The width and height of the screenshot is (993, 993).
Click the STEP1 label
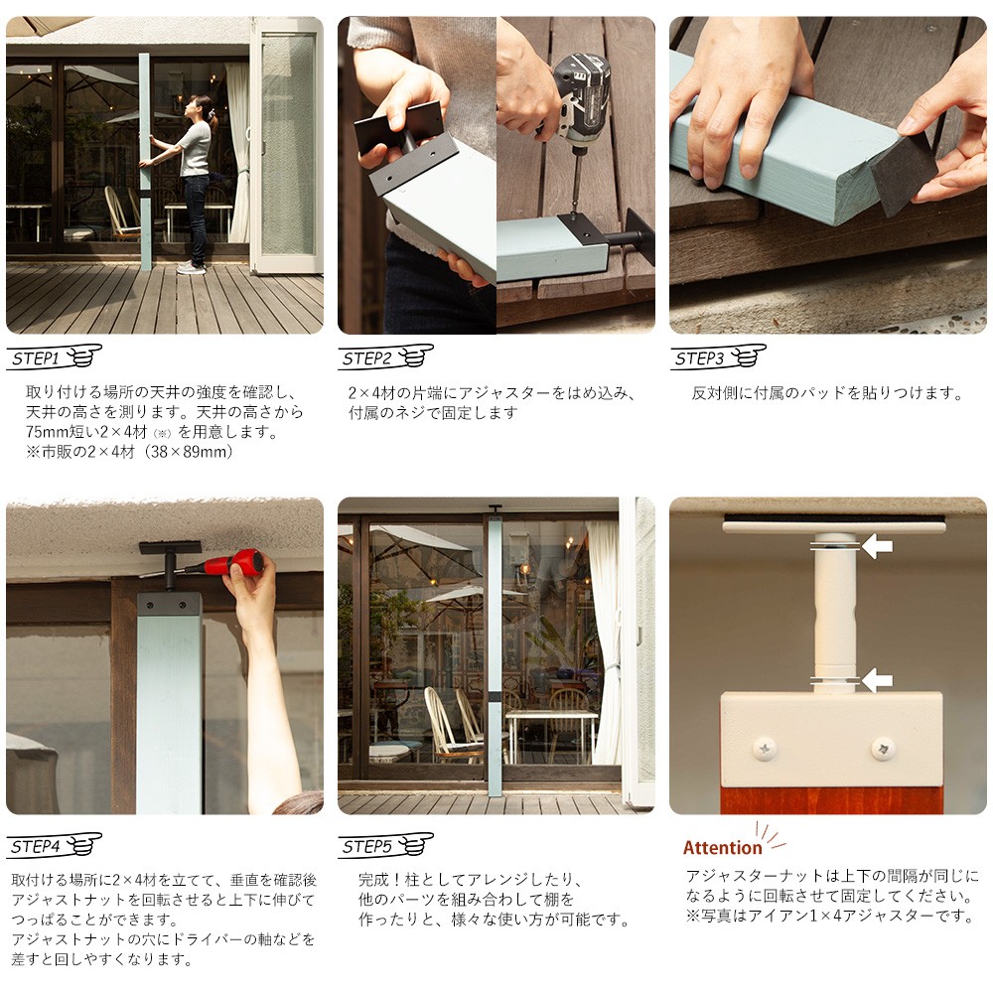(x=36, y=358)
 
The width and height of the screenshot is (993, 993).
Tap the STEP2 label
(x=367, y=358)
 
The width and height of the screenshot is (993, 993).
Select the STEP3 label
(x=699, y=358)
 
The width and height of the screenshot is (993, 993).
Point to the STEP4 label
(x=36, y=847)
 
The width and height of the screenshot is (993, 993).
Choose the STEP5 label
(x=367, y=847)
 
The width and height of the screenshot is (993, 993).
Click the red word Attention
(x=723, y=848)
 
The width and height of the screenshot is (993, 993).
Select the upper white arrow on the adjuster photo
(x=877, y=546)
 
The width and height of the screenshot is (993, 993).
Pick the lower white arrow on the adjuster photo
(x=877, y=681)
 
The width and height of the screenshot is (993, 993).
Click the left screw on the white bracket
(x=765, y=750)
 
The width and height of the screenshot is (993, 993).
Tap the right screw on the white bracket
(x=883, y=749)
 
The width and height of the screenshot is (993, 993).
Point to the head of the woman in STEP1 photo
(x=203, y=106)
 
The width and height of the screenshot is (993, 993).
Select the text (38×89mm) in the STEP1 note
(x=189, y=452)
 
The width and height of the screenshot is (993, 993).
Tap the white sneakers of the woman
(x=191, y=268)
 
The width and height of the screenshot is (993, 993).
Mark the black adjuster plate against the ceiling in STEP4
(x=171, y=548)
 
